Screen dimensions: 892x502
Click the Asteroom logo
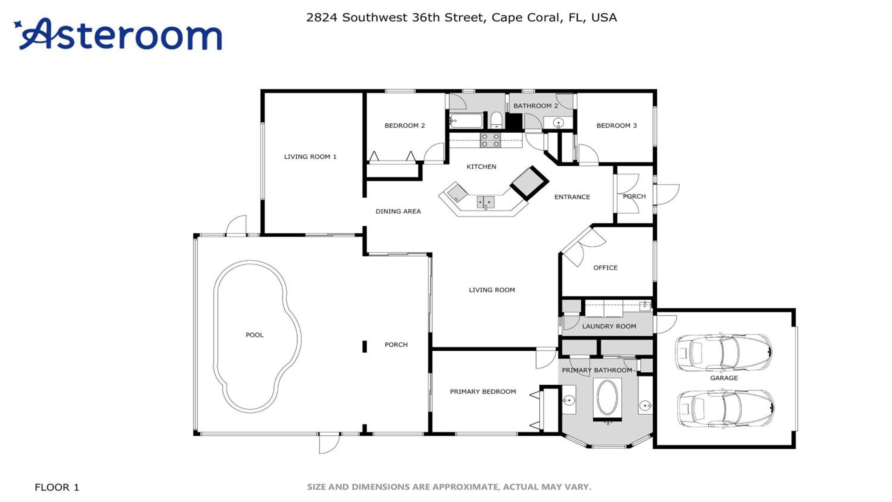tap(118, 34)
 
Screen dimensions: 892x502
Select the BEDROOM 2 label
tap(404, 125)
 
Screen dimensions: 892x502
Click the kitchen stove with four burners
tap(490, 140)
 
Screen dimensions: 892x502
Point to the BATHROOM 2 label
tap(536, 106)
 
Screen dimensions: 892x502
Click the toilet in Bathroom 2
tap(497, 120)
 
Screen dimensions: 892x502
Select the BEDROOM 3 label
tap(616, 125)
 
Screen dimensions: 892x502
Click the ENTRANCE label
tap(572, 197)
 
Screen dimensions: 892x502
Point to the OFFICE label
tap(605, 267)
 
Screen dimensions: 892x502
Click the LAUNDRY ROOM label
tap(609, 326)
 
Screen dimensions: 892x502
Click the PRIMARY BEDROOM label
tap(483, 391)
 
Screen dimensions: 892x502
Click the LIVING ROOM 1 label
tap(310, 157)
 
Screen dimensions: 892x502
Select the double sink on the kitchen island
tap(486, 202)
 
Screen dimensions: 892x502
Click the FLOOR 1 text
tap(57, 487)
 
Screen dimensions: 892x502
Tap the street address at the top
tap(461, 18)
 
